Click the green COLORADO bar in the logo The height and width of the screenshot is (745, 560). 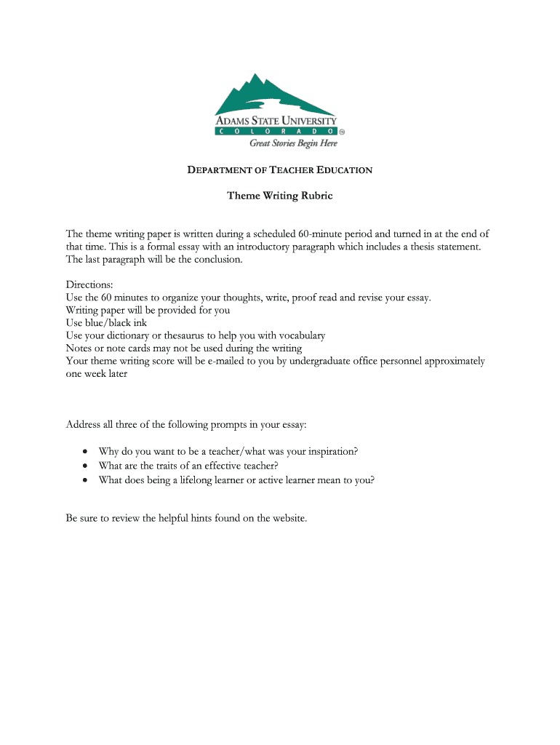tap(276, 132)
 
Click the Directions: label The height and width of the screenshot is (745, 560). tap(90, 284)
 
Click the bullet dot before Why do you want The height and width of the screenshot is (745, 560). tap(86, 452)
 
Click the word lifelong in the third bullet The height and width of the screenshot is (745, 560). tap(215, 479)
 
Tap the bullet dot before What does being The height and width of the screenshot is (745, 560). tap(86, 480)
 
